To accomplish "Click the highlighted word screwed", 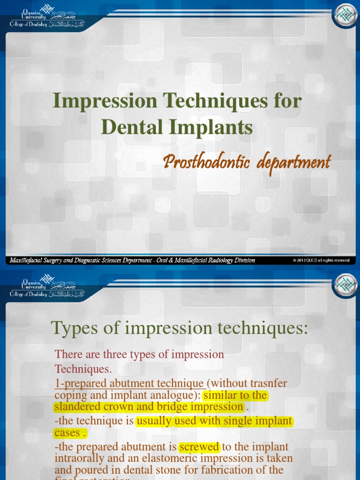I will tap(199, 446).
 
